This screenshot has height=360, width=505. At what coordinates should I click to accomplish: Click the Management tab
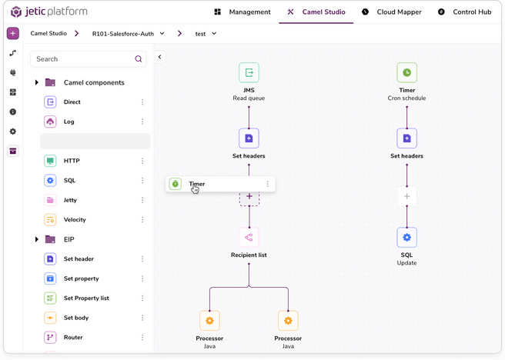(242, 12)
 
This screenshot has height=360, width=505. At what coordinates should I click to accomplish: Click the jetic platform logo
(48, 12)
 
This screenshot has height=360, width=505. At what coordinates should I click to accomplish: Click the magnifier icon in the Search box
(139, 59)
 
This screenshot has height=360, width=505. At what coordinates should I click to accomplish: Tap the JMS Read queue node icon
(249, 73)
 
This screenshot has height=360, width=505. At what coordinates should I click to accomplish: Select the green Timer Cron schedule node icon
(406, 73)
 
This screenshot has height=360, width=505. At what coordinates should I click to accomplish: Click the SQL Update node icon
(406, 237)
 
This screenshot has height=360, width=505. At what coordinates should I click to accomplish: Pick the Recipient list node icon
(249, 237)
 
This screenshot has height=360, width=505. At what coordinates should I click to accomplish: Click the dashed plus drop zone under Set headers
(249, 196)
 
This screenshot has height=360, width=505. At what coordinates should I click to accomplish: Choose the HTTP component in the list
(72, 161)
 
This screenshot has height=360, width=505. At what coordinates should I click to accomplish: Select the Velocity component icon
(50, 220)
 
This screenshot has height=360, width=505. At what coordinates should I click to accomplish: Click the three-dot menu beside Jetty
(142, 200)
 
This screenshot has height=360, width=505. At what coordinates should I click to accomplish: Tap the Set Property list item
(85, 298)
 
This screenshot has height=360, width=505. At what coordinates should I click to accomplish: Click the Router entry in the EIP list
(73, 337)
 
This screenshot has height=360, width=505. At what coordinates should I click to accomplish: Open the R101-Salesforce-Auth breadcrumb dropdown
(129, 34)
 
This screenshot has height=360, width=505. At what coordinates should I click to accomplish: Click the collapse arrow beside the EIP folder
(37, 239)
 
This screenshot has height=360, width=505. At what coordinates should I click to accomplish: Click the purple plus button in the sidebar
(13, 34)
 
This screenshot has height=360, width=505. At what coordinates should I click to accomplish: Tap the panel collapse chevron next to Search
(160, 57)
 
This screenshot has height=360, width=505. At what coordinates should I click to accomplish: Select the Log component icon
(50, 122)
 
